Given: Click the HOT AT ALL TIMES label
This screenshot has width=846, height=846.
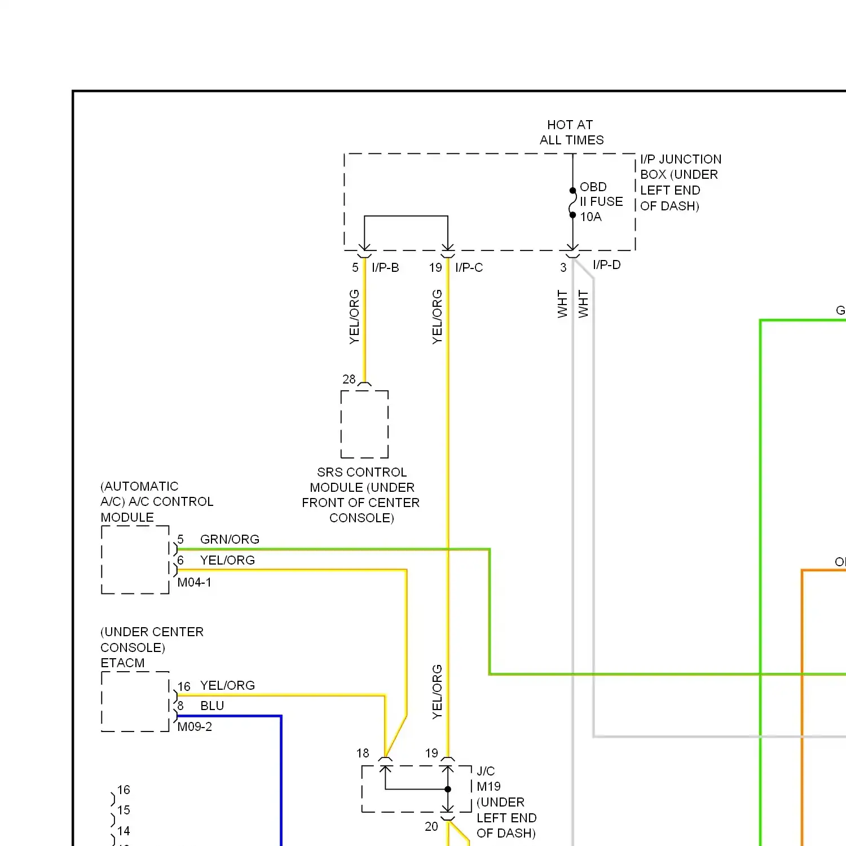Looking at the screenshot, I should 571,133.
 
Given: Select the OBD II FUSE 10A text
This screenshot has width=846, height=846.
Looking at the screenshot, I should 601,202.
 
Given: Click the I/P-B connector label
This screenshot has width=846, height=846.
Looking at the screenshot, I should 385,268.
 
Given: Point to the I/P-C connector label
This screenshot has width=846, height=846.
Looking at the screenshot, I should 469,268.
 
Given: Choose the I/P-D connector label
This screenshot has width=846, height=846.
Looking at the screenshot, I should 606,265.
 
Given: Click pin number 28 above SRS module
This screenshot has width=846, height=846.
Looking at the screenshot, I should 349,380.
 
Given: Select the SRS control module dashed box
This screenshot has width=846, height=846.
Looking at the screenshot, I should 364,424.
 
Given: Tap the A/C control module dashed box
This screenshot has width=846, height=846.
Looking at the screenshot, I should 135,559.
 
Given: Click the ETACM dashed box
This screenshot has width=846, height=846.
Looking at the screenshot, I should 135,702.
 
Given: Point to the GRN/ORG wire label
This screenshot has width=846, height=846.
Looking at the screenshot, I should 230,540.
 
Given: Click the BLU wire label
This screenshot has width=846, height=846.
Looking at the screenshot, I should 212,706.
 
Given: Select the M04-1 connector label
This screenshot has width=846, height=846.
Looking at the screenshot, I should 195,583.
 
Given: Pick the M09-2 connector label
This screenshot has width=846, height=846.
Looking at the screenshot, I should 195,727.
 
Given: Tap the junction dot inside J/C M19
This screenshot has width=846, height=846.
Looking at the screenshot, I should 448,789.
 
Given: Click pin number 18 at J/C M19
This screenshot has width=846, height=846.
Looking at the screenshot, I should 363,754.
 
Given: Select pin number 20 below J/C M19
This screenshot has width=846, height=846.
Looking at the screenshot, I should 431,827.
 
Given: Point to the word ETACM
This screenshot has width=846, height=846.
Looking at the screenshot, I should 122,663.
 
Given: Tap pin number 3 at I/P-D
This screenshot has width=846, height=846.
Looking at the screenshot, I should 563,268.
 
